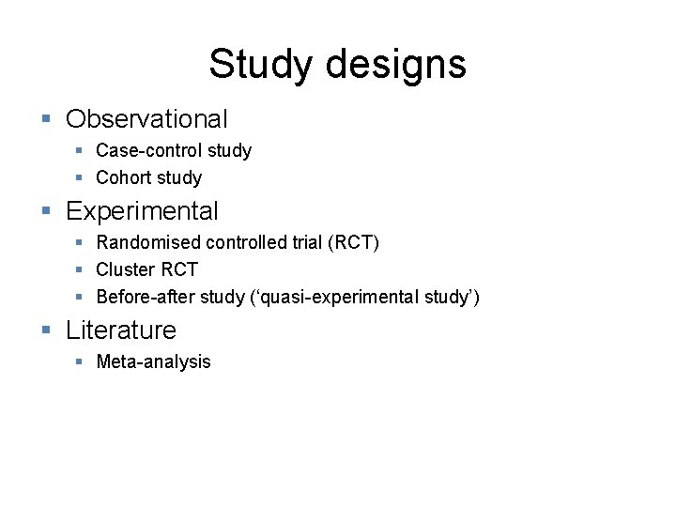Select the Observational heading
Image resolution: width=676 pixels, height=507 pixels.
[x=146, y=119]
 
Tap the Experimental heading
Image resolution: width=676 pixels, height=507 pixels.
[x=142, y=211]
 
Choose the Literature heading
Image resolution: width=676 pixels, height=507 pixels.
[x=121, y=330]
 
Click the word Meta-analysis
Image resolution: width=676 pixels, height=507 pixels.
[x=154, y=361]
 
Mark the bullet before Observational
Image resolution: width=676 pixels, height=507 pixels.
[x=46, y=119]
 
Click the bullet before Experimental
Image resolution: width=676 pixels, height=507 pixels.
[x=46, y=211]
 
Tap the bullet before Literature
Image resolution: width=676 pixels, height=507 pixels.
[x=46, y=330]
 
